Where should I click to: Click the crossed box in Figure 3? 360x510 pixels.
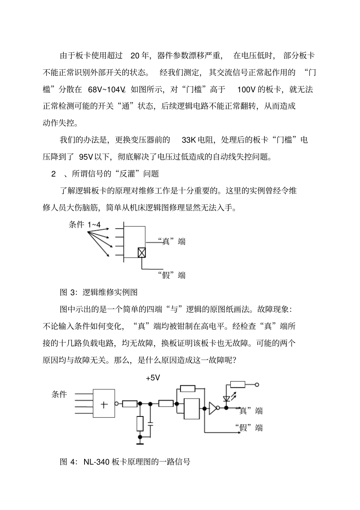142,253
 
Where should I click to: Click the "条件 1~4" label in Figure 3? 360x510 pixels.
85,225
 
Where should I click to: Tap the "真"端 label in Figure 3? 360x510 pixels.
172,241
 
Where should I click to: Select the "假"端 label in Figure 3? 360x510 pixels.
172,275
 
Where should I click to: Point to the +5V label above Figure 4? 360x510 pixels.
153,378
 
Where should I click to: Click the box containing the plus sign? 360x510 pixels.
104,404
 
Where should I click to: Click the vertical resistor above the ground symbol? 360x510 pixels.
140,423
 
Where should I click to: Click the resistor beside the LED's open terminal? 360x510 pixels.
238,385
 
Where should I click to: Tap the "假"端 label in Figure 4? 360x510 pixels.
249,428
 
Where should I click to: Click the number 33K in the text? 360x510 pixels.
188,140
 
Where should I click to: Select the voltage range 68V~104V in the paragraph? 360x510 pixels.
106,90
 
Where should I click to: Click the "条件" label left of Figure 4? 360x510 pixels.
59,394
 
